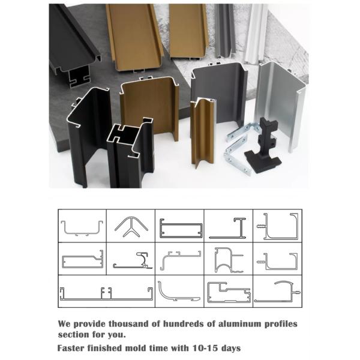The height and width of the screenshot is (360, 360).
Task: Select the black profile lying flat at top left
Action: tap(72, 42)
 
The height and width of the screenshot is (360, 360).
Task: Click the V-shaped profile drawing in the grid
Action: tap(131, 226)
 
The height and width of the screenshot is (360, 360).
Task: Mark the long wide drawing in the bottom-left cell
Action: tap(106, 292)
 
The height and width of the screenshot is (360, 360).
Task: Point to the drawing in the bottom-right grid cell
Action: tap(277, 292)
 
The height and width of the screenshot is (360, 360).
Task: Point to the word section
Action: tap(74, 334)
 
